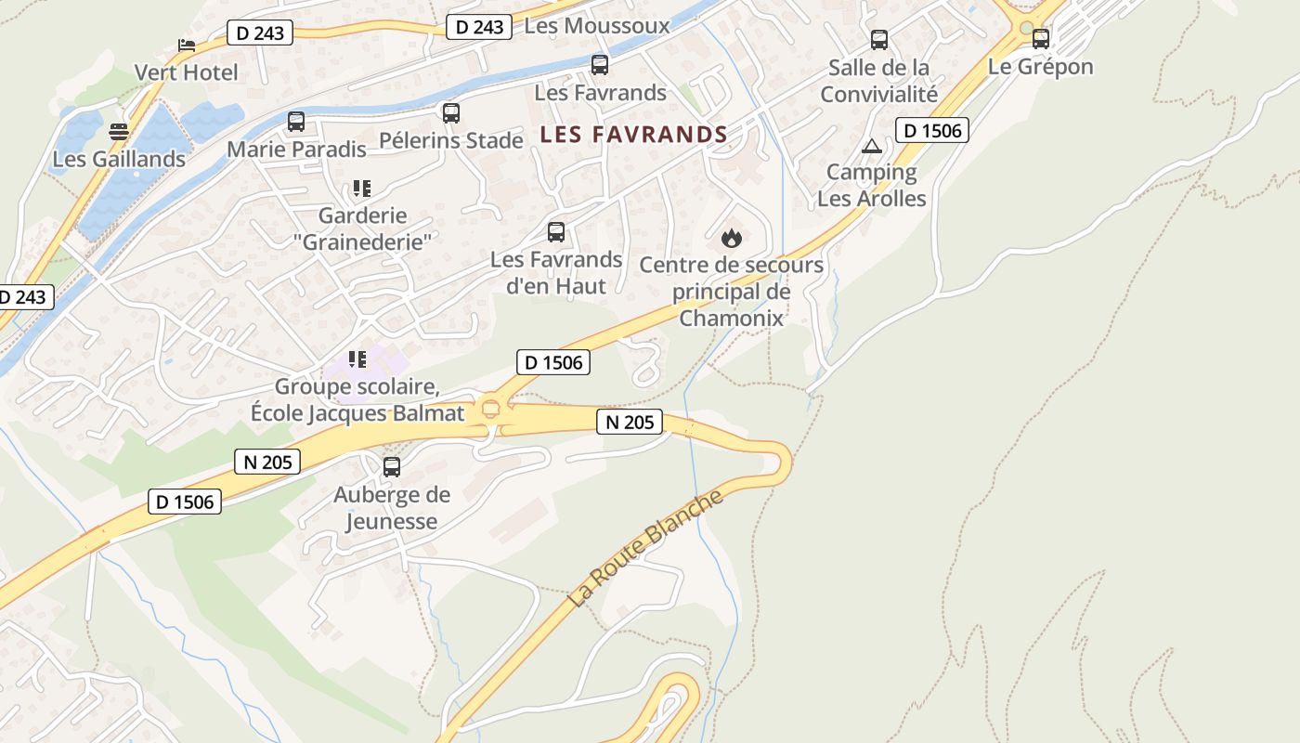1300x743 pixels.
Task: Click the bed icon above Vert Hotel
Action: click(x=187, y=45)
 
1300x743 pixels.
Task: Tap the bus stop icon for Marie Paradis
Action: click(x=296, y=122)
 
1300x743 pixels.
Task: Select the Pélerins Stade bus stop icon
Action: click(x=451, y=113)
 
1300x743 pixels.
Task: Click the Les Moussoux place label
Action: click(x=596, y=26)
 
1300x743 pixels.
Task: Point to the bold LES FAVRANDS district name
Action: click(x=633, y=135)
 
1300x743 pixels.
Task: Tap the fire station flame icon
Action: click(x=732, y=239)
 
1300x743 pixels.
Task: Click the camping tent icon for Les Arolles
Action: click(x=871, y=146)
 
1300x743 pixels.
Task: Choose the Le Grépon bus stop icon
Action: click(x=1041, y=39)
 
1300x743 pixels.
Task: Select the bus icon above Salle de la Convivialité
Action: click(x=878, y=40)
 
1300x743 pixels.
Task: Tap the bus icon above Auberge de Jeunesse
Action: click(x=392, y=467)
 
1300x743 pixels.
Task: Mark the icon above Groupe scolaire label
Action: click(x=357, y=359)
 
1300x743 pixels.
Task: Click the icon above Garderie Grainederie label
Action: click(x=362, y=189)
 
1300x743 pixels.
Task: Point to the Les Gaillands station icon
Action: click(x=119, y=132)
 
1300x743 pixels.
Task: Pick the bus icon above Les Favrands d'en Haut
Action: click(x=556, y=232)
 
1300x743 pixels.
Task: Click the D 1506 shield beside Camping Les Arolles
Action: click(x=931, y=130)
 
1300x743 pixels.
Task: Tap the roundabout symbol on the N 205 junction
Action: click(x=490, y=407)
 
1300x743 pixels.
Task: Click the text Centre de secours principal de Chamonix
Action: click(x=732, y=292)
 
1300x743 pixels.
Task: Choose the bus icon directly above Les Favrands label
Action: click(x=600, y=65)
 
